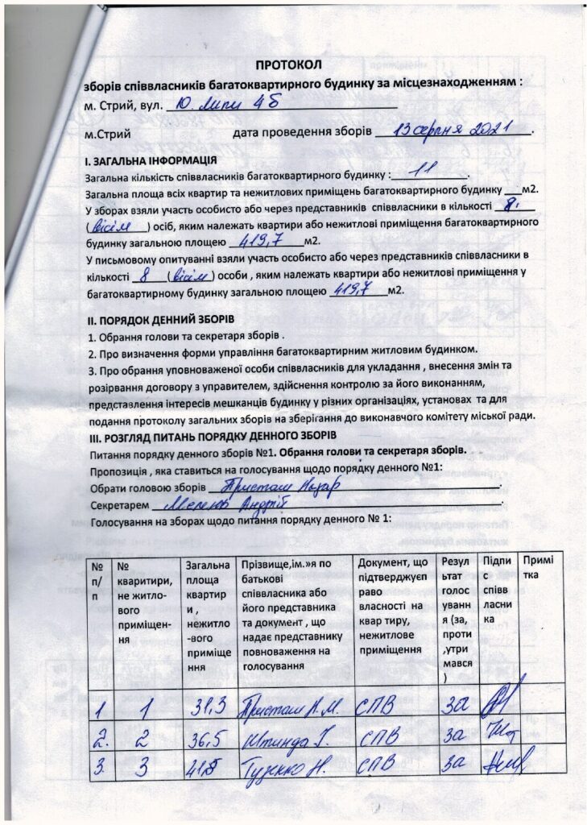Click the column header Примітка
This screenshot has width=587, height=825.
tap(535, 566)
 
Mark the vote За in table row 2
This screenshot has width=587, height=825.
tap(453, 736)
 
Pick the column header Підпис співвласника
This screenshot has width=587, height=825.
tap(496, 588)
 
